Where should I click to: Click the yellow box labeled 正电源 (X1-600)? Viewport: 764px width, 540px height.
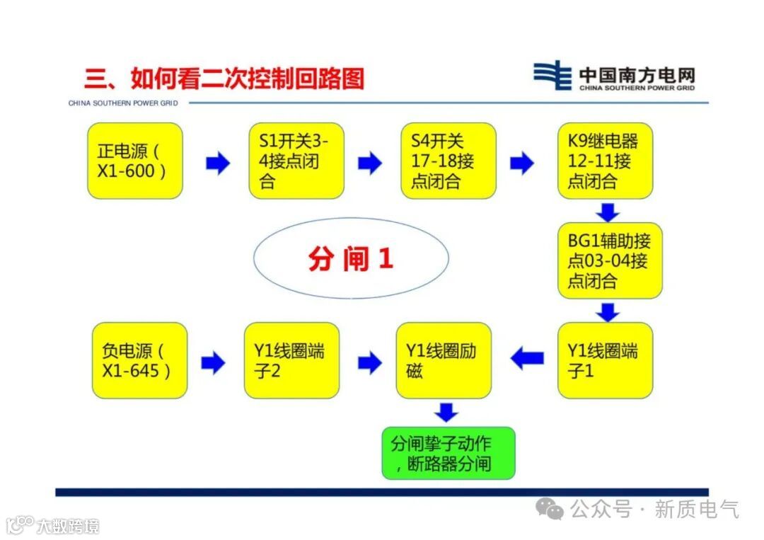pyautogui.click(x=135, y=161)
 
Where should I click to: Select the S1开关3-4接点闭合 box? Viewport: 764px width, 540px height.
pyautogui.click(x=296, y=161)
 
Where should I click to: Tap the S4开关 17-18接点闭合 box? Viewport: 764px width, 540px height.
pyautogui.click(x=448, y=161)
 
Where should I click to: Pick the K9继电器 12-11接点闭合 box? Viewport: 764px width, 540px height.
pyautogui.click(x=605, y=161)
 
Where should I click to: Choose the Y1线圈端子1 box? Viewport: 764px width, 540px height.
pyautogui.click(x=605, y=360)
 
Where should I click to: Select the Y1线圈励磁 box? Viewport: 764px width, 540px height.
pyautogui.click(x=444, y=360)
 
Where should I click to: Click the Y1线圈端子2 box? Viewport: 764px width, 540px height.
pyautogui.click(x=291, y=360)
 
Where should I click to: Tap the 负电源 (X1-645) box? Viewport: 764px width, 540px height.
pyautogui.click(x=140, y=360)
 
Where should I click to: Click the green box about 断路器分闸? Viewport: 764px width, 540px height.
pyautogui.click(x=448, y=453)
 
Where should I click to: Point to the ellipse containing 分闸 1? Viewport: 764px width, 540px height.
pyautogui.click(x=351, y=258)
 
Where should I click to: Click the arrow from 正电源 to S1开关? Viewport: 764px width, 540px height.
pyautogui.click(x=218, y=163)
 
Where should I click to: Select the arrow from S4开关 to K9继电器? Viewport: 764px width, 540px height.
pyautogui.click(x=521, y=163)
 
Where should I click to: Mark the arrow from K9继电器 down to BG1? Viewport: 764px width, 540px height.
pyautogui.click(x=608, y=212)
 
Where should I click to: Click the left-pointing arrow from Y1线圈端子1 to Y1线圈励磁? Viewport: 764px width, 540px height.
pyautogui.click(x=527, y=359)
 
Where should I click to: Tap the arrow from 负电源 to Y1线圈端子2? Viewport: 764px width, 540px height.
pyautogui.click(x=213, y=363)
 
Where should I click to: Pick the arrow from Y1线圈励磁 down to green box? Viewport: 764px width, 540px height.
pyautogui.click(x=446, y=412)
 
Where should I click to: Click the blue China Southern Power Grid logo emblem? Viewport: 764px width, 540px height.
pyautogui.click(x=552, y=75)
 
